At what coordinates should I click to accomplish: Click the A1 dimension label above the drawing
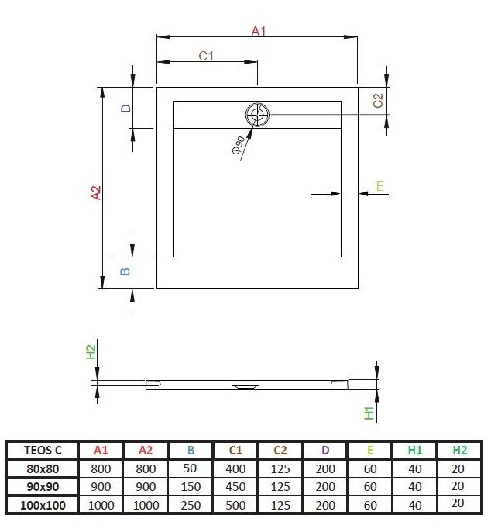(259, 32)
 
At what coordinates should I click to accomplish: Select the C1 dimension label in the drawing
(206, 56)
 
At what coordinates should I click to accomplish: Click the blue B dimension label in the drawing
(125, 271)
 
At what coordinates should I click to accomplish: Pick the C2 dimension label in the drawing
(378, 100)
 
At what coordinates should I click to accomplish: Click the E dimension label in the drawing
(379, 185)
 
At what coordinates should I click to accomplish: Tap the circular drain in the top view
(257, 116)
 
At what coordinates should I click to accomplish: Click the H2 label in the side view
(91, 351)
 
